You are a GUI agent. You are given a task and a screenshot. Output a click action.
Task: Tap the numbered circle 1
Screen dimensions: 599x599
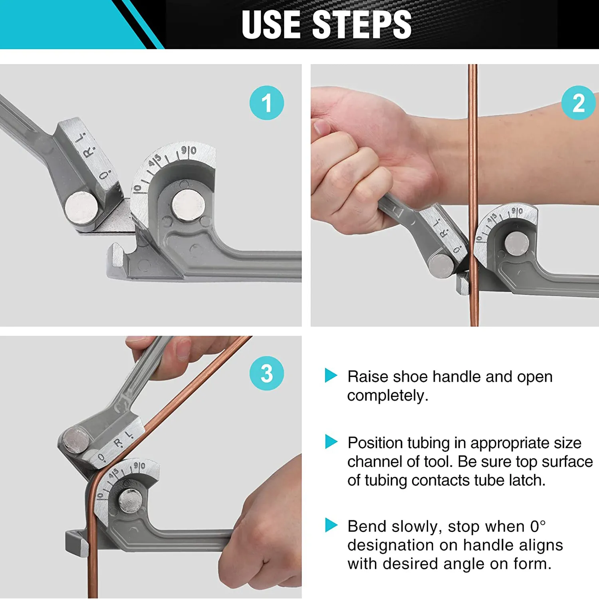(266, 103)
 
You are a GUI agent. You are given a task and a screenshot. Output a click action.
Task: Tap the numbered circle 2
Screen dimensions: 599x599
(578, 103)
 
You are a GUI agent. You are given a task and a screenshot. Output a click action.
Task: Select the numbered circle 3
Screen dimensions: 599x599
(266, 373)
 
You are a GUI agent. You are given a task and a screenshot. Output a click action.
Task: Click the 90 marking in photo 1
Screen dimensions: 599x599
(188, 151)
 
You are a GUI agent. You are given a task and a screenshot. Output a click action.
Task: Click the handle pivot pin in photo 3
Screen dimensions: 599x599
(76, 440)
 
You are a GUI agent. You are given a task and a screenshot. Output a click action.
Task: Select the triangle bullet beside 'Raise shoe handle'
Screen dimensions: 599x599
(331, 375)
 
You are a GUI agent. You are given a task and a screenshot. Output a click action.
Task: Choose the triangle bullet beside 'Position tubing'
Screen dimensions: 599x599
(331, 442)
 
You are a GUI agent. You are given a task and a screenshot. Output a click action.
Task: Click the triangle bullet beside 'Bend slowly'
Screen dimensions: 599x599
(331, 525)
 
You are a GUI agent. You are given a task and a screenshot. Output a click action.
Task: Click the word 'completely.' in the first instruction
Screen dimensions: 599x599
(387, 396)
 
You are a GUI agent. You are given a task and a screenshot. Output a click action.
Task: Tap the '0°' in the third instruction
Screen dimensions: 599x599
(538, 526)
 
